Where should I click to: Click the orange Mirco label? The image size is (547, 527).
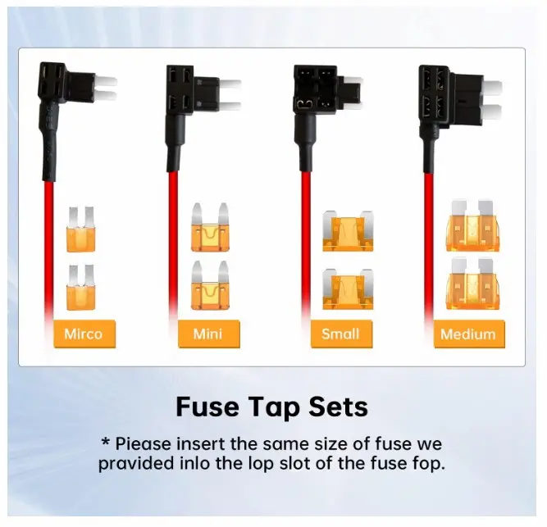pos(84,334)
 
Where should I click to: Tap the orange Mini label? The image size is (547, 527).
pos(208,334)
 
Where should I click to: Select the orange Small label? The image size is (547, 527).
pos(341,334)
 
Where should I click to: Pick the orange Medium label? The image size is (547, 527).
pos(469,334)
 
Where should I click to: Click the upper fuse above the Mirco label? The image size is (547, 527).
pos(81,229)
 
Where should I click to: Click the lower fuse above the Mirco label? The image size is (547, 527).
pos(81,287)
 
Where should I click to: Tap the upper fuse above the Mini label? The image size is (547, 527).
pos(210,227)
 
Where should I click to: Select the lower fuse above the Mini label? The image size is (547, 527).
pos(210,285)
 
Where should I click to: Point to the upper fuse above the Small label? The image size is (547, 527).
pos(348,231)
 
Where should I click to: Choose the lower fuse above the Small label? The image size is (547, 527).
pos(348,289)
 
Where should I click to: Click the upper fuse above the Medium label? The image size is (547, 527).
pos(472,226)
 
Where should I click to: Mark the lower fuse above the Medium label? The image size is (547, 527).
pos(472,284)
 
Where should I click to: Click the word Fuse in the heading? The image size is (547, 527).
pos(207,407)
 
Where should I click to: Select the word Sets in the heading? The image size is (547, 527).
pos(338,407)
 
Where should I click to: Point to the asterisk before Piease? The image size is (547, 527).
pos(105,442)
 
